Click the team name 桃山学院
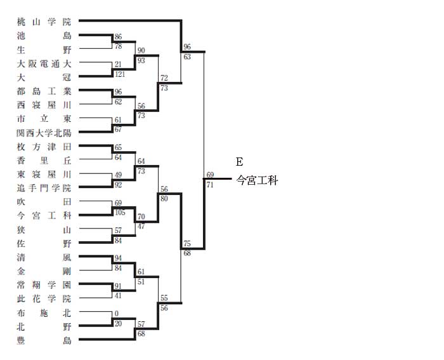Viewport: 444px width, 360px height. tap(44, 22)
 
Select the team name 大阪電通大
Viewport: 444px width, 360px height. tap(44, 63)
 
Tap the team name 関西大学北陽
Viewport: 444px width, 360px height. tap(44, 133)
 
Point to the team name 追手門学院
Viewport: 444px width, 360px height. tap(44, 188)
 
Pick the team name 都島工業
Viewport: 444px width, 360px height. tap(44, 91)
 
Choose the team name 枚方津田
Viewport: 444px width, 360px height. tap(44, 147)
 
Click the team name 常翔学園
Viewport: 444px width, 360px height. tap(44, 284)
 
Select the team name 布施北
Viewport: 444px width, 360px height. tap(44, 312)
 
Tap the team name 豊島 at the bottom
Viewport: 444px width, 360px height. tap(44, 340)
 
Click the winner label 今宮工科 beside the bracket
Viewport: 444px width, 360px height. tap(257, 180)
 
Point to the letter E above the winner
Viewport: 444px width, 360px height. tap(239, 162)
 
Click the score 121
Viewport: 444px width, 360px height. tap(120, 74)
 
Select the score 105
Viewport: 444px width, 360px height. tap(120, 212)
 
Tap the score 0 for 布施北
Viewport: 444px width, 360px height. tap(117, 314)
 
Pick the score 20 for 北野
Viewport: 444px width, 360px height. tap(118, 323)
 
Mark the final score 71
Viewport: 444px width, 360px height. tap(210, 185)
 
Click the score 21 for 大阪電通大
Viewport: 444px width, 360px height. tap(118, 64)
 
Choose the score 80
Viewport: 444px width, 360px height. tap(164, 199)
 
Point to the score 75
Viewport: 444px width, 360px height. tap(187, 244)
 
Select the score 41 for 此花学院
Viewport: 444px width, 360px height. tap(118, 296)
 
